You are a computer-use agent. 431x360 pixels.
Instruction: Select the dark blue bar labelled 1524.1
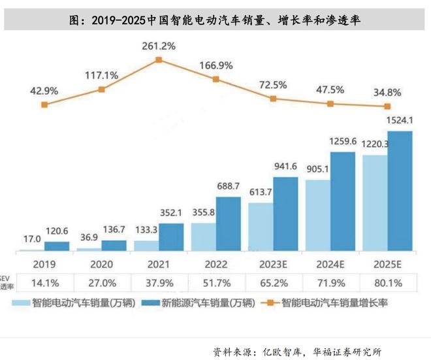coord(400,191)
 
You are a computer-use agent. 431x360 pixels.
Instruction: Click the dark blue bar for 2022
coord(228,224)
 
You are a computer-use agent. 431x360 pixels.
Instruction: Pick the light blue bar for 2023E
coord(260,227)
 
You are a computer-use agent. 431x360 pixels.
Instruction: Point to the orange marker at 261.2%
coord(159,60)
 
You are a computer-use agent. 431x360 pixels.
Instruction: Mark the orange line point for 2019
coord(44,104)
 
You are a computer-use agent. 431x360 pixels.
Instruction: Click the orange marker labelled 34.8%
coord(388,106)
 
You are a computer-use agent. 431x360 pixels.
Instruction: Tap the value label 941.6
coord(285,166)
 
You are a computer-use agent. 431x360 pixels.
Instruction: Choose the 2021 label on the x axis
coord(159,265)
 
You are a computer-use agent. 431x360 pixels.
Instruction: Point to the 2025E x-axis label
coord(388,265)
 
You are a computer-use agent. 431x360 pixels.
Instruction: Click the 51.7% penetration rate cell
coord(216,285)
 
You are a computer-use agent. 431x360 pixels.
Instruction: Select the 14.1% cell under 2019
coord(44,285)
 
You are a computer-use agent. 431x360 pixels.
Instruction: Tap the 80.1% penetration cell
coord(388,285)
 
